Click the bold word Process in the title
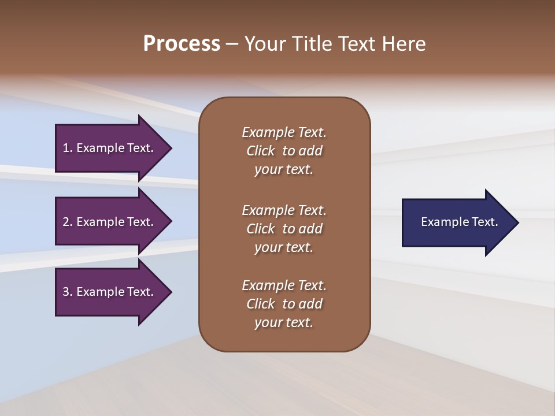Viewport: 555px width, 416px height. (x=182, y=44)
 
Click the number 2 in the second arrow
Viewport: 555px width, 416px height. (x=66, y=222)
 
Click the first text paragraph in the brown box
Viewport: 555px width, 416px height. (x=284, y=151)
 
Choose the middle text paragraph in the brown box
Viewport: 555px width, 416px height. (x=284, y=229)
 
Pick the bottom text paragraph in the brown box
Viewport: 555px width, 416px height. (x=284, y=304)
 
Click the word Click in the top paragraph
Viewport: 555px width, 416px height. (x=261, y=151)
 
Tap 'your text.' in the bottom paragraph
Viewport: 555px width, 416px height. (x=284, y=322)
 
